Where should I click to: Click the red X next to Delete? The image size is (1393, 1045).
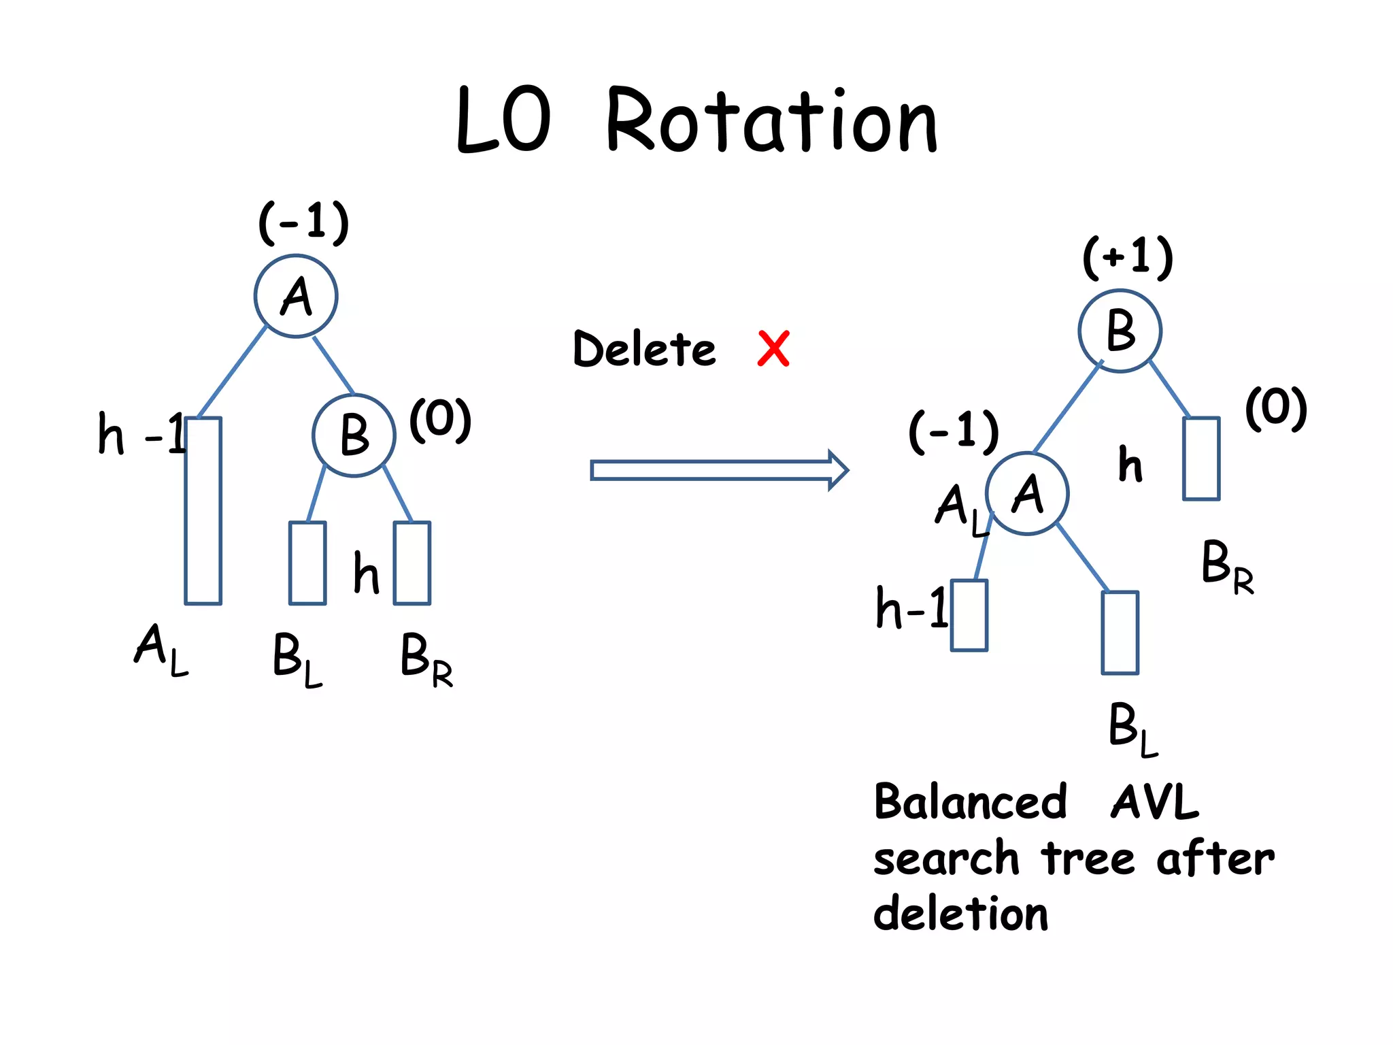(x=773, y=349)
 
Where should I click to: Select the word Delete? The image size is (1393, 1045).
(x=644, y=349)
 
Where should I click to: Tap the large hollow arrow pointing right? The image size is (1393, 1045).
(x=718, y=470)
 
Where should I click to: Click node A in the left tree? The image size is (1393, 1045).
(x=296, y=297)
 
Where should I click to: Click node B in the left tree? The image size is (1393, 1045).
(x=354, y=435)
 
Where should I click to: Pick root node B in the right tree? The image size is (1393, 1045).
(x=1120, y=331)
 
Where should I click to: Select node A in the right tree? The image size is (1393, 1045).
(x=1027, y=494)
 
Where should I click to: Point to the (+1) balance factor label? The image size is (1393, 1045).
(x=1128, y=257)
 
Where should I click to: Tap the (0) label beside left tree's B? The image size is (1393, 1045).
(x=440, y=420)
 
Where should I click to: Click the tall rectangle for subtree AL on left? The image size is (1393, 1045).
(x=203, y=510)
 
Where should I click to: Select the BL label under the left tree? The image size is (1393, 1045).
(x=297, y=658)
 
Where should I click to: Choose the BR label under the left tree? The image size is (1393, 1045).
(x=426, y=658)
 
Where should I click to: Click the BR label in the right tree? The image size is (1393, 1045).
(x=1226, y=566)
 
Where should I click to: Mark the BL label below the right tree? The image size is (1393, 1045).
(x=1132, y=728)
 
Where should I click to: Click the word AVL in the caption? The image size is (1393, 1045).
(x=1154, y=802)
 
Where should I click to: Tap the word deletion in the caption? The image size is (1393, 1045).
(x=960, y=913)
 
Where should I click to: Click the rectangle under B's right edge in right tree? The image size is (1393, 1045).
(x=1201, y=459)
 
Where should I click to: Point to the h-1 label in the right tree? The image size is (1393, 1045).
(x=911, y=608)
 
